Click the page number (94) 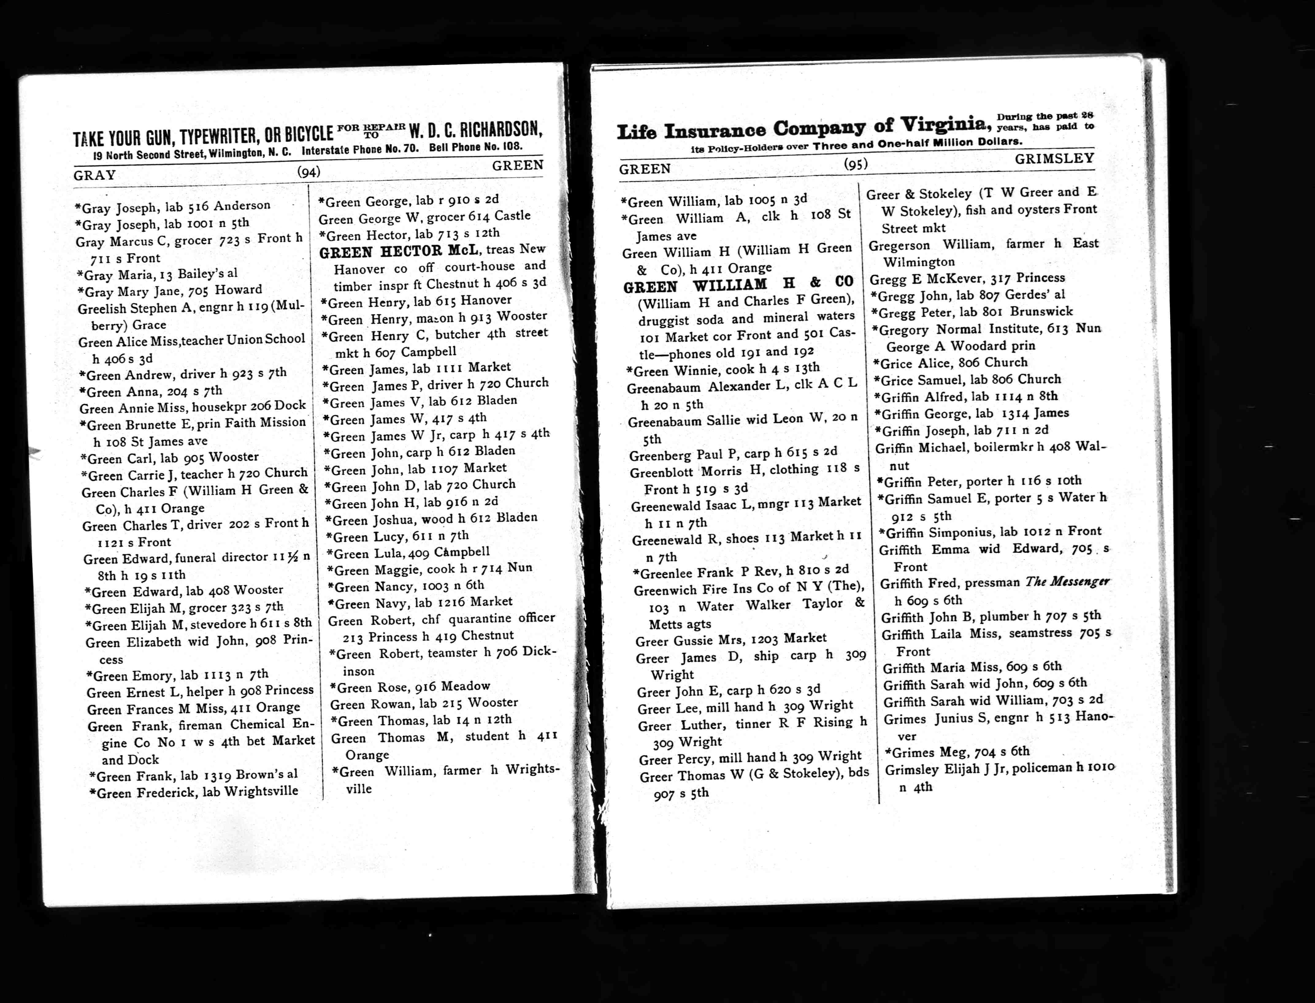pos(309,172)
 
